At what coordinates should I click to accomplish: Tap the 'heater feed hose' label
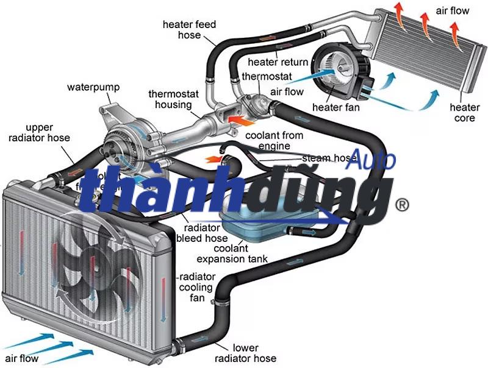(189, 30)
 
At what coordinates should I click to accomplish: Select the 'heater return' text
(278, 62)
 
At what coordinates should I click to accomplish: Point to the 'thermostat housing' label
(170, 99)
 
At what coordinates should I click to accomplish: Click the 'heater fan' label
(335, 108)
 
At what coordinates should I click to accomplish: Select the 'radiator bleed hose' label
(198, 232)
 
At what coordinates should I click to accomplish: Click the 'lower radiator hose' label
(246, 353)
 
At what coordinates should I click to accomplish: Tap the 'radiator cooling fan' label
(196, 287)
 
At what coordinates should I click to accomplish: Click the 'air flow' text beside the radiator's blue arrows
(21, 358)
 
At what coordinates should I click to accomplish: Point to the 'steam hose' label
(329, 158)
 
